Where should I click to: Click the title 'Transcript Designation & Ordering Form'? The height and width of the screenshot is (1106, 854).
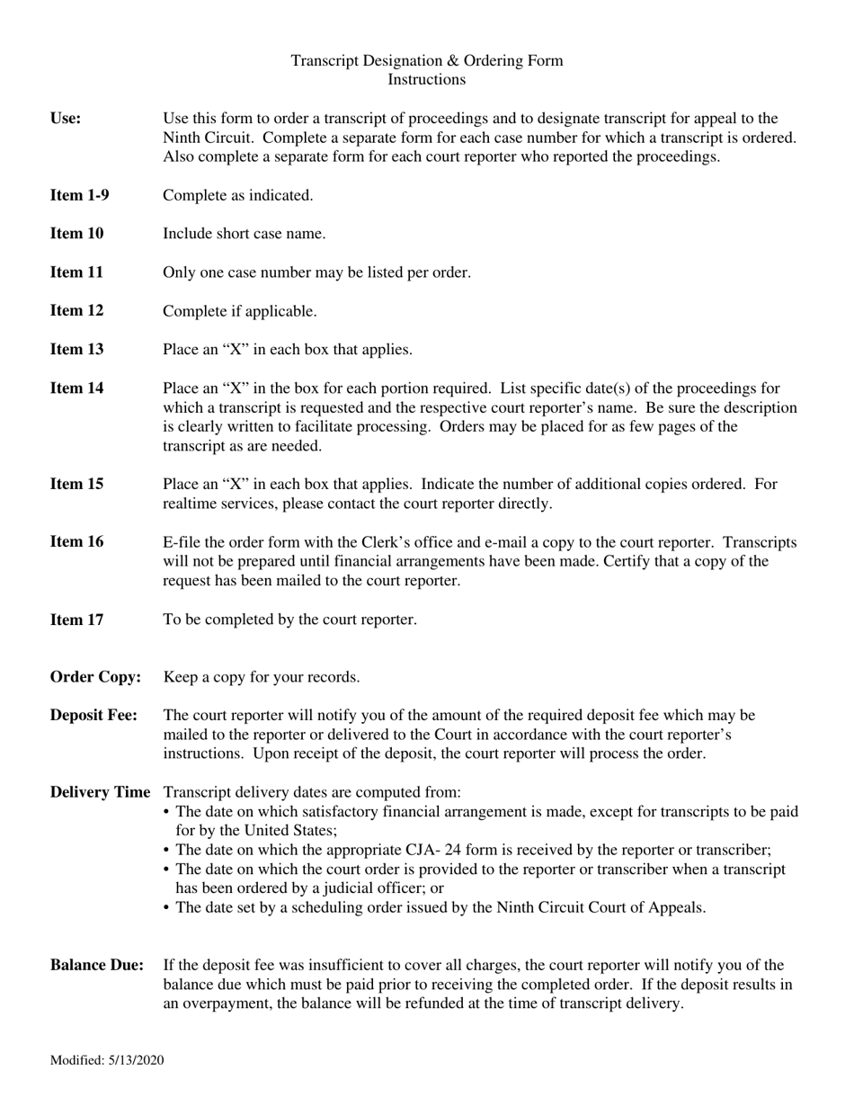(426, 61)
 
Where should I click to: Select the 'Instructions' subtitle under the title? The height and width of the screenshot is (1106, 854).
(426, 79)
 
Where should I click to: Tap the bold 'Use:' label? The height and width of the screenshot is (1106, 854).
(66, 118)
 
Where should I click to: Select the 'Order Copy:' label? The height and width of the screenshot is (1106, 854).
(95, 677)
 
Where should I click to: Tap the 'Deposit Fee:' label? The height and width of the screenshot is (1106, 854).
(94, 716)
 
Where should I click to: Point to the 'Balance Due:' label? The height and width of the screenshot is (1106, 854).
(97, 966)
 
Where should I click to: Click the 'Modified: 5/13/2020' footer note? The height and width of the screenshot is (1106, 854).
(107, 1061)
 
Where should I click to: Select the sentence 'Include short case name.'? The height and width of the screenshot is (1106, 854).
(244, 234)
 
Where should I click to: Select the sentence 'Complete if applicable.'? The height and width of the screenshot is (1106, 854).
(239, 311)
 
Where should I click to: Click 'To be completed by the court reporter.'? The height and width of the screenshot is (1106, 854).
(289, 620)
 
